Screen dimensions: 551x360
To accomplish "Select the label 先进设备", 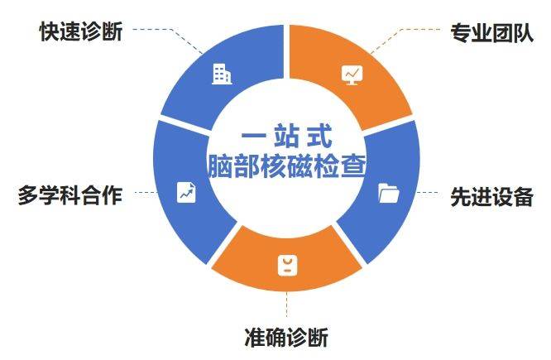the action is (x=491, y=196).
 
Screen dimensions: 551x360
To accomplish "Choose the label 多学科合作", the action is (x=69, y=196).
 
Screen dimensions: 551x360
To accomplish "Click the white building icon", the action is (x=221, y=74).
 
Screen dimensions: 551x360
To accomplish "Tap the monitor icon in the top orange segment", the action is (x=352, y=74).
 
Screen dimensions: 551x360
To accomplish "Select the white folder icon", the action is (x=388, y=194).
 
